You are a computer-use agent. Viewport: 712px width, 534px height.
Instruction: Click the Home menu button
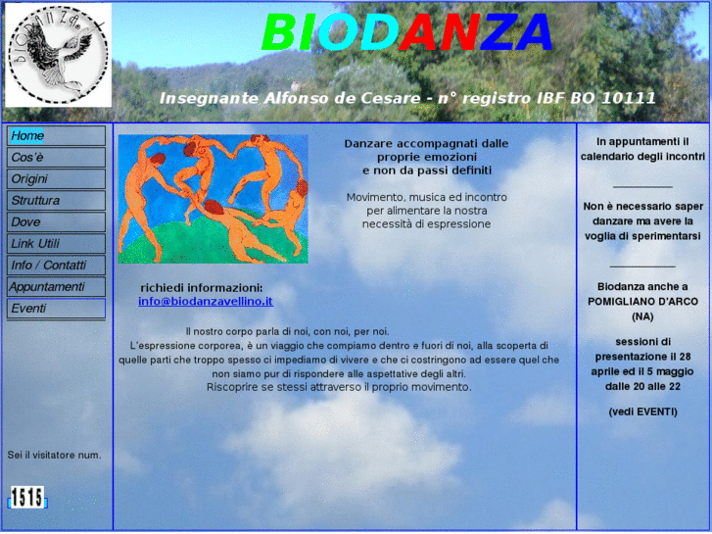pyautogui.click(x=56, y=136)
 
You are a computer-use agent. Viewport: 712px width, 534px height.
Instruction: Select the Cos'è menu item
pyautogui.click(x=56, y=158)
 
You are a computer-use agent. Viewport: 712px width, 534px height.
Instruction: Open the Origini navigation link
pyautogui.click(x=56, y=179)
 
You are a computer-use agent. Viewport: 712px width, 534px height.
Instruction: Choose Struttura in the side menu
pyautogui.click(x=56, y=201)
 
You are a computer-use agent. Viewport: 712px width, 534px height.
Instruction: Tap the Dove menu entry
pyautogui.click(x=56, y=222)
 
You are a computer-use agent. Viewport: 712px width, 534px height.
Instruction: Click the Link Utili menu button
pyautogui.click(x=56, y=244)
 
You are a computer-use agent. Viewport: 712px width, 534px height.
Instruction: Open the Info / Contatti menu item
pyautogui.click(x=56, y=266)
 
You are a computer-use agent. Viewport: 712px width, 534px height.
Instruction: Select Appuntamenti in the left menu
pyautogui.click(x=56, y=287)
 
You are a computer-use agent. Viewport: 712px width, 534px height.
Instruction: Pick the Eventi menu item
pyautogui.click(x=56, y=309)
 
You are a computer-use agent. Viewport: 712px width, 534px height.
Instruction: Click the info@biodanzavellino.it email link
pyautogui.click(x=205, y=302)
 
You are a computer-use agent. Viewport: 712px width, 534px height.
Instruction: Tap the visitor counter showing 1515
pyautogui.click(x=26, y=498)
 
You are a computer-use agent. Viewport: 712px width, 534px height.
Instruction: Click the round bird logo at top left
pyautogui.click(x=58, y=55)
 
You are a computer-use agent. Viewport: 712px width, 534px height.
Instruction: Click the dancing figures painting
pyautogui.click(x=213, y=199)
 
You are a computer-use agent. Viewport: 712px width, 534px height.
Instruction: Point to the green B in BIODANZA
pyautogui.click(x=279, y=34)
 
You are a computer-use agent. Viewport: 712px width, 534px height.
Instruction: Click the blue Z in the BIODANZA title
pyautogui.click(x=498, y=34)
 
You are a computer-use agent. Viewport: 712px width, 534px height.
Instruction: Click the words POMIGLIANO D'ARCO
pyautogui.click(x=642, y=302)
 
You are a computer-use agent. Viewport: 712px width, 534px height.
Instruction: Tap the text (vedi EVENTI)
pyautogui.click(x=642, y=412)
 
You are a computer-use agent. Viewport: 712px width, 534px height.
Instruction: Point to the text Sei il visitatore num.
pyautogui.click(x=54, y=455)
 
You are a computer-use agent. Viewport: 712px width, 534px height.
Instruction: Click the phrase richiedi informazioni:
pyautogui.click(x=202, y=287)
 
